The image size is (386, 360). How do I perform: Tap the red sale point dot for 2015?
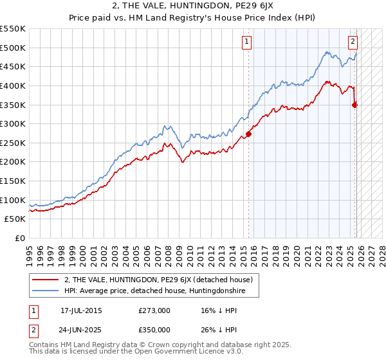click(249, 134)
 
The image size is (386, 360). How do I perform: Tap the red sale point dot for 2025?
click(355, 105)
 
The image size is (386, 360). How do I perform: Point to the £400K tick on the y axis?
click(13, 85)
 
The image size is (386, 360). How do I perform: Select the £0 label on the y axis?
click(19, 238)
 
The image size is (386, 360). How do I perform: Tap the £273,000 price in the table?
click(154, 310)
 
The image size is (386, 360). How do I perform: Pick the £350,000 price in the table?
click(154, 329)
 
